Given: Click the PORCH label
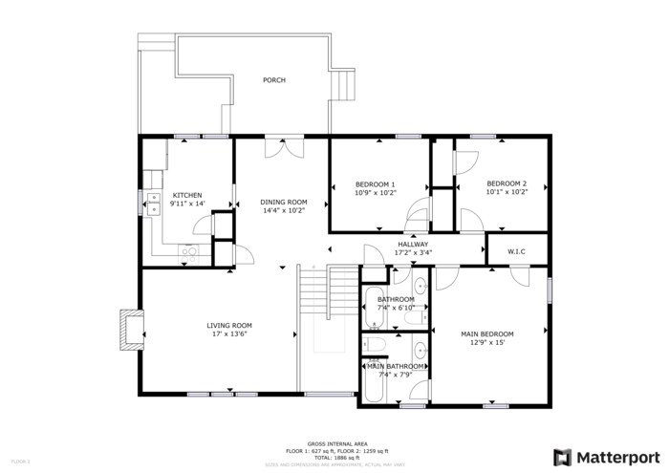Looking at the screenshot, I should [274, 80].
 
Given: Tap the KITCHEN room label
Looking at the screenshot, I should [186, 195].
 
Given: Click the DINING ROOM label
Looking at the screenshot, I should [284, 202].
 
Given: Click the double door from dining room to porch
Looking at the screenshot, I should [284, 147].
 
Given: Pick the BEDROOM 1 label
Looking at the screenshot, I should [375, 183].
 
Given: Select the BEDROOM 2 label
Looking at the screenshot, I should [506, 183].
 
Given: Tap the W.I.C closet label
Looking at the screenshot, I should [516, 251].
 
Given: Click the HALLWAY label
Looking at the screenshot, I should [414, 245].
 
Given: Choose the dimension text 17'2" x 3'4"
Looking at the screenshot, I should [414, 253].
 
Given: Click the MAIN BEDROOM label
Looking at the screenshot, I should [487, 333].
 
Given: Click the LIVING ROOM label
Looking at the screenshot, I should [228, 326].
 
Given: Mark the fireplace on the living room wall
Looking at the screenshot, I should [128, 330].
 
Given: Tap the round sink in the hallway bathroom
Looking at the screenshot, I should [421, 285].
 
